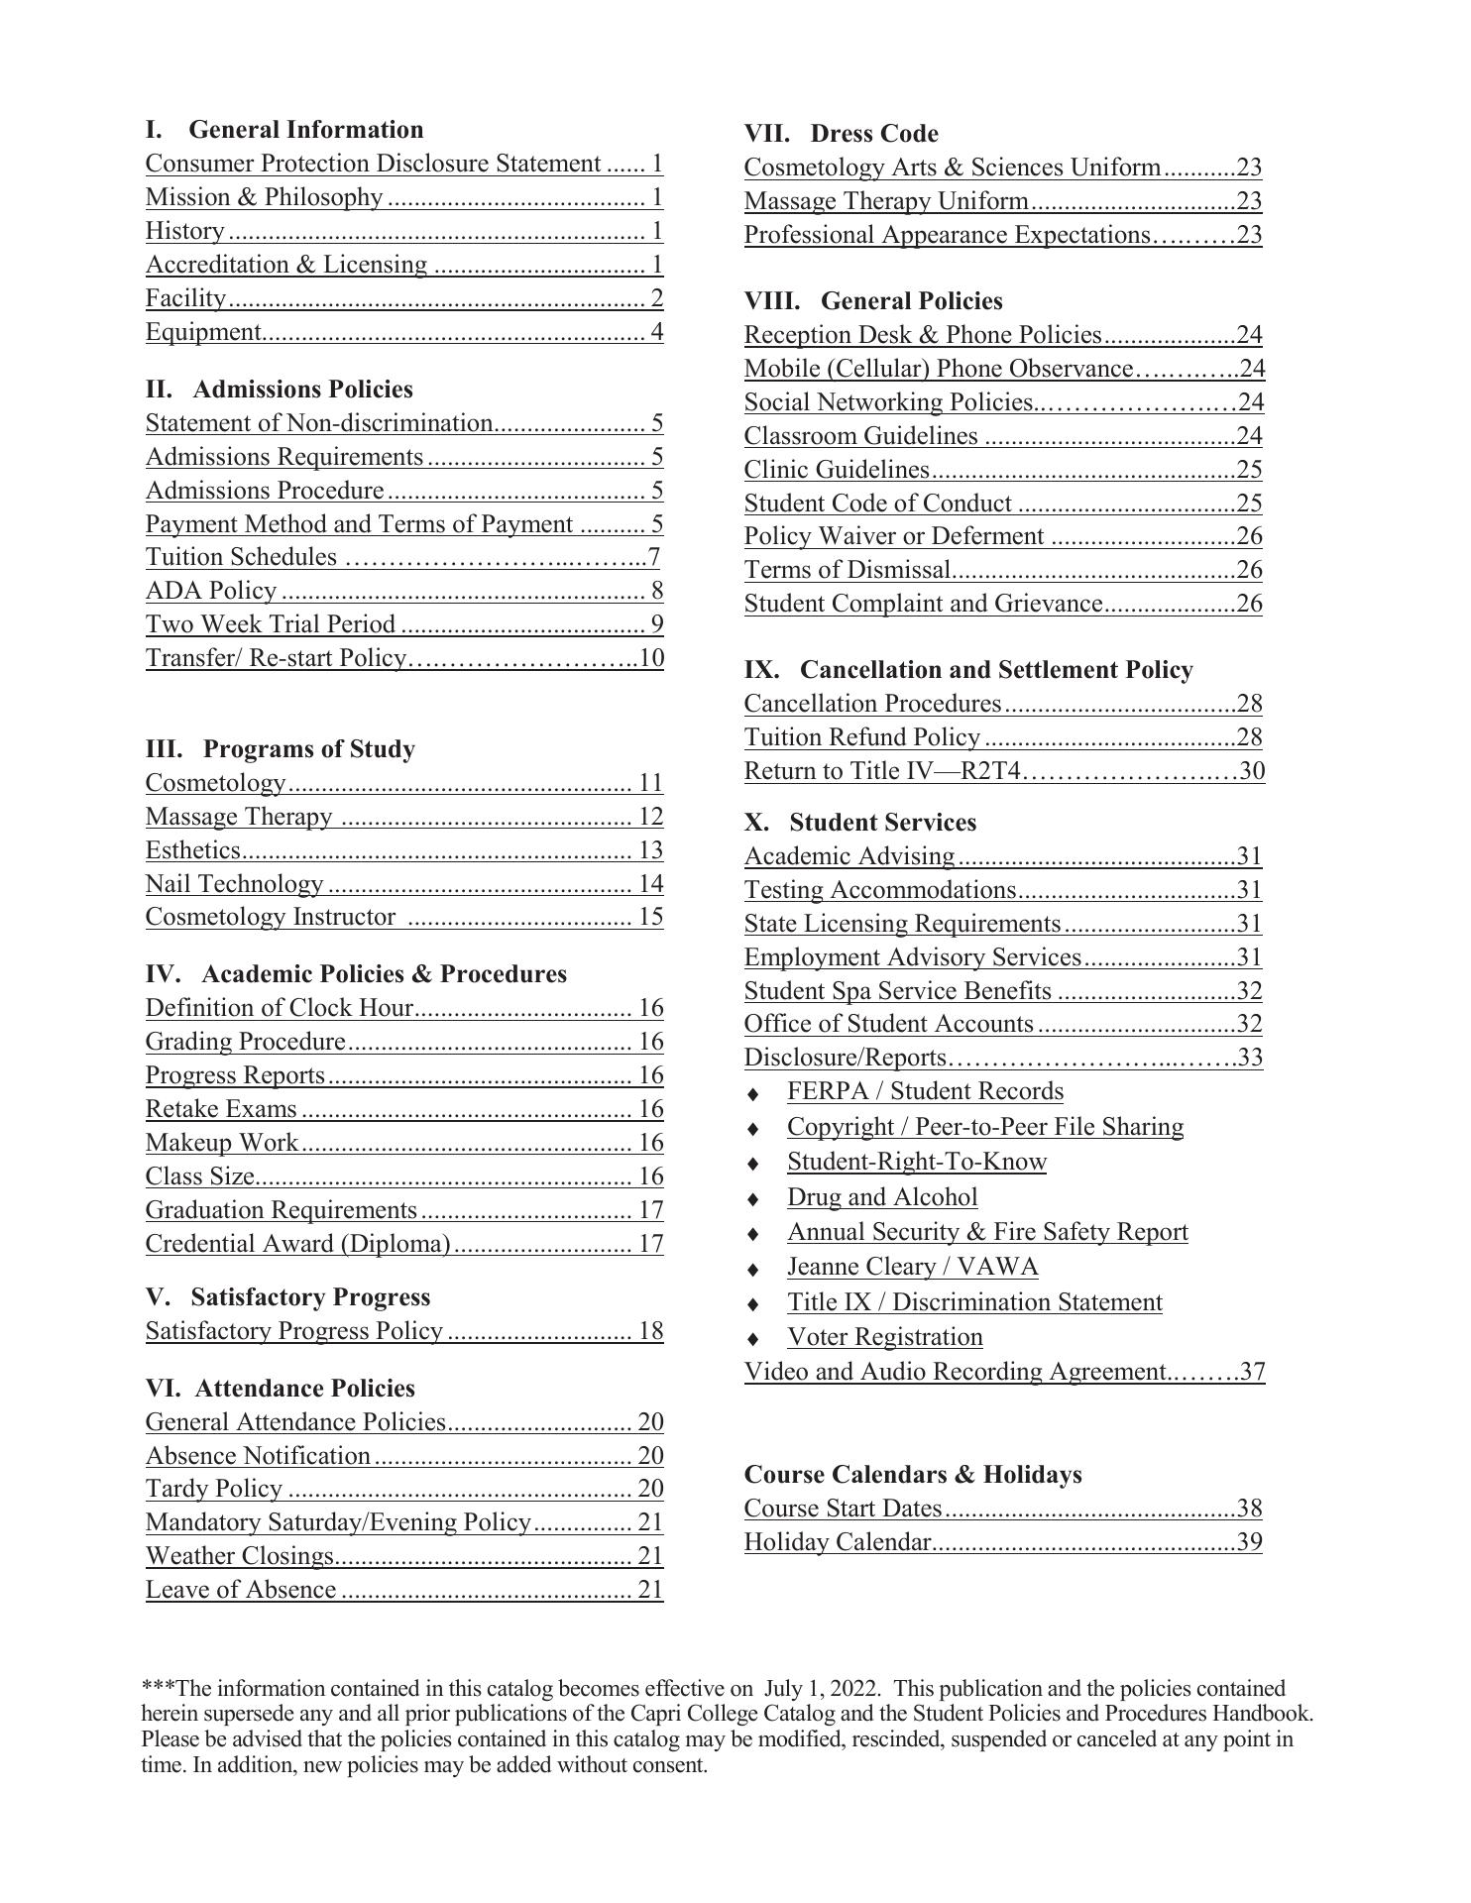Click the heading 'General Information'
305,130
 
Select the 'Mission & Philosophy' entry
264,197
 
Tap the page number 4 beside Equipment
656,332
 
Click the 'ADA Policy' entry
210,591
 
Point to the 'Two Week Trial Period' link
271,624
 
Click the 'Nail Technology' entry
234,884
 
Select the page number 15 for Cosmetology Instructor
650,917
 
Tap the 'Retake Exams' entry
221,1109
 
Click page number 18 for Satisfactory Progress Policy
650,1331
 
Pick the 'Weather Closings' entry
239,1556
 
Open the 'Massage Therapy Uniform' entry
886,201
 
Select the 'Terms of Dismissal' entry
848,570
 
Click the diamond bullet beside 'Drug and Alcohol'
753,1199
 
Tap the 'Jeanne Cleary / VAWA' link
912,1267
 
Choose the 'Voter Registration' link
884,1337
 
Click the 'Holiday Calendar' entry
838,1542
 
